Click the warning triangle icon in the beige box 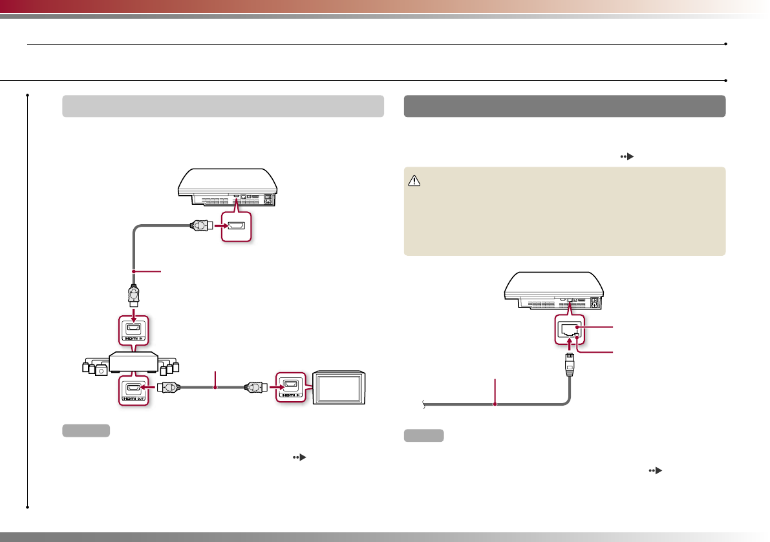click(414, 183)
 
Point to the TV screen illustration click(339, 387)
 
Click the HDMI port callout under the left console click(235, 226)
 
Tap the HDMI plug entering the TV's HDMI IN click(255, 388)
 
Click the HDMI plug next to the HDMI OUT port click(169, 388)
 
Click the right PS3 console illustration click(555, 287)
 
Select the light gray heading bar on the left click(223, 106)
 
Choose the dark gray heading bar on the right click(564, 106)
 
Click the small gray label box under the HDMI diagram click(86, 431)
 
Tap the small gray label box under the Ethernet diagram click(424, 435)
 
